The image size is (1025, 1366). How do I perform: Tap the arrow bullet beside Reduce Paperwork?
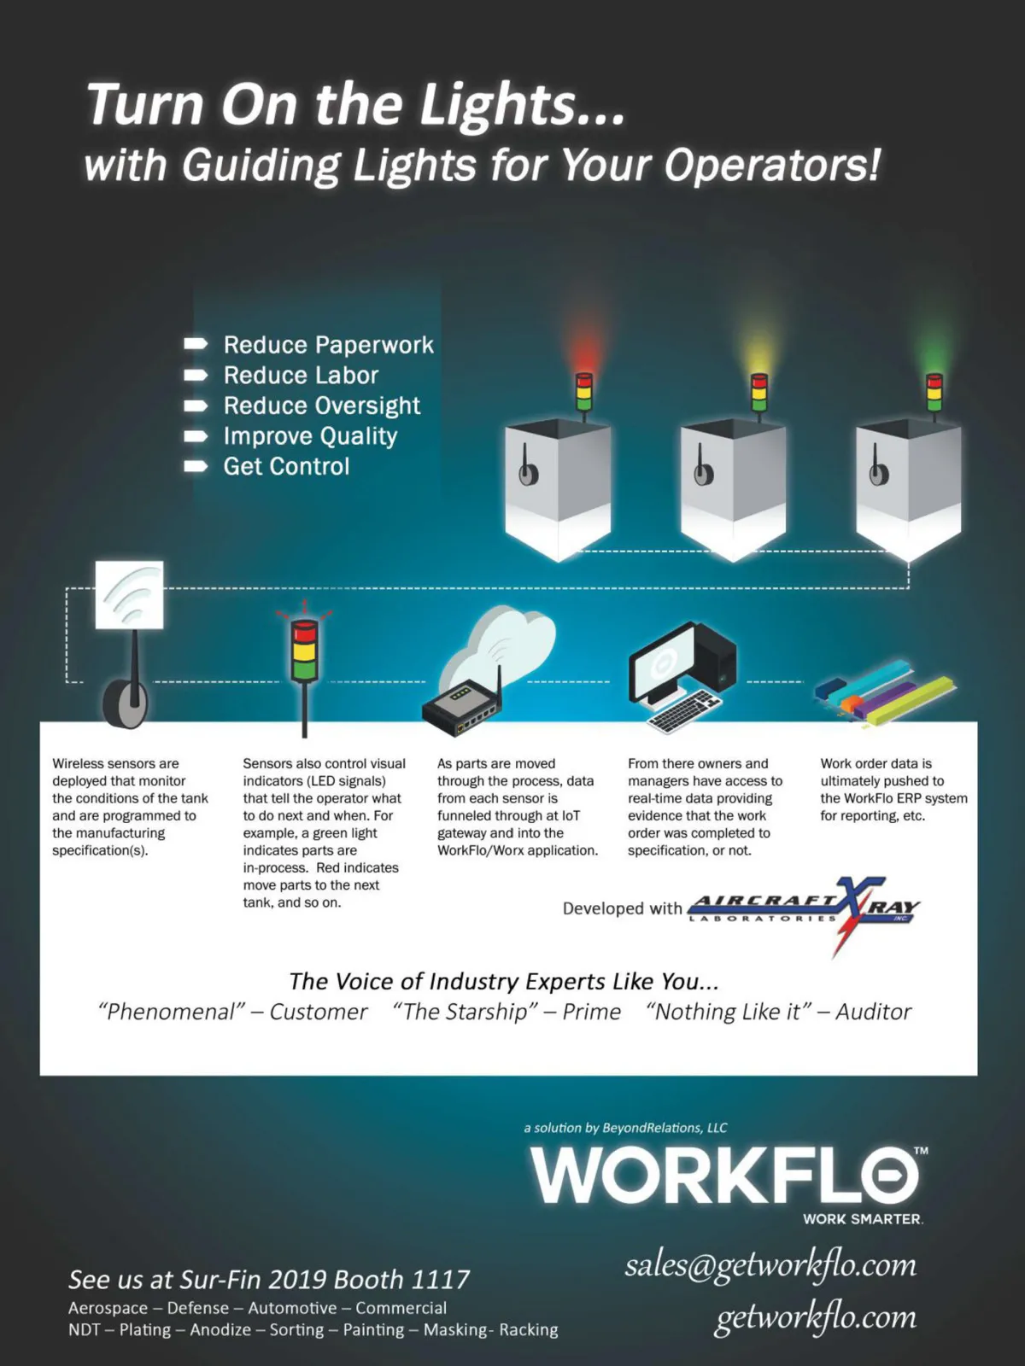pos(196,343)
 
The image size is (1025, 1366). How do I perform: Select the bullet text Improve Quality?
pos(310,436)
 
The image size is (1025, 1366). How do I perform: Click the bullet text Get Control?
pos(286,466)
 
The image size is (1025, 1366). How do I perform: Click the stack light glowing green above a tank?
pos(934,391)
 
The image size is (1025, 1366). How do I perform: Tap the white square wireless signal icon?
pos(130,595)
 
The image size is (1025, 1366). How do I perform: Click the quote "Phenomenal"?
pos(172,1012)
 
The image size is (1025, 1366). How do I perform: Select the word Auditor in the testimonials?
pos(873,1012)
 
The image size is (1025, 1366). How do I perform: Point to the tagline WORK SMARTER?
pos(864,1219)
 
